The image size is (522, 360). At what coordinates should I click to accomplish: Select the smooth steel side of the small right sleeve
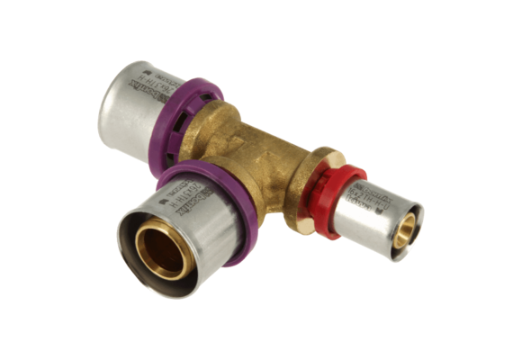coord(382,211)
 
